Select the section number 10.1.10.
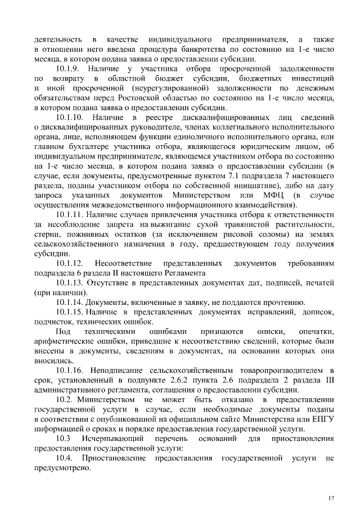pyautogui.click(x=72, y=117)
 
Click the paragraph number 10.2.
pyautogui.click(x=67, y=399)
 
